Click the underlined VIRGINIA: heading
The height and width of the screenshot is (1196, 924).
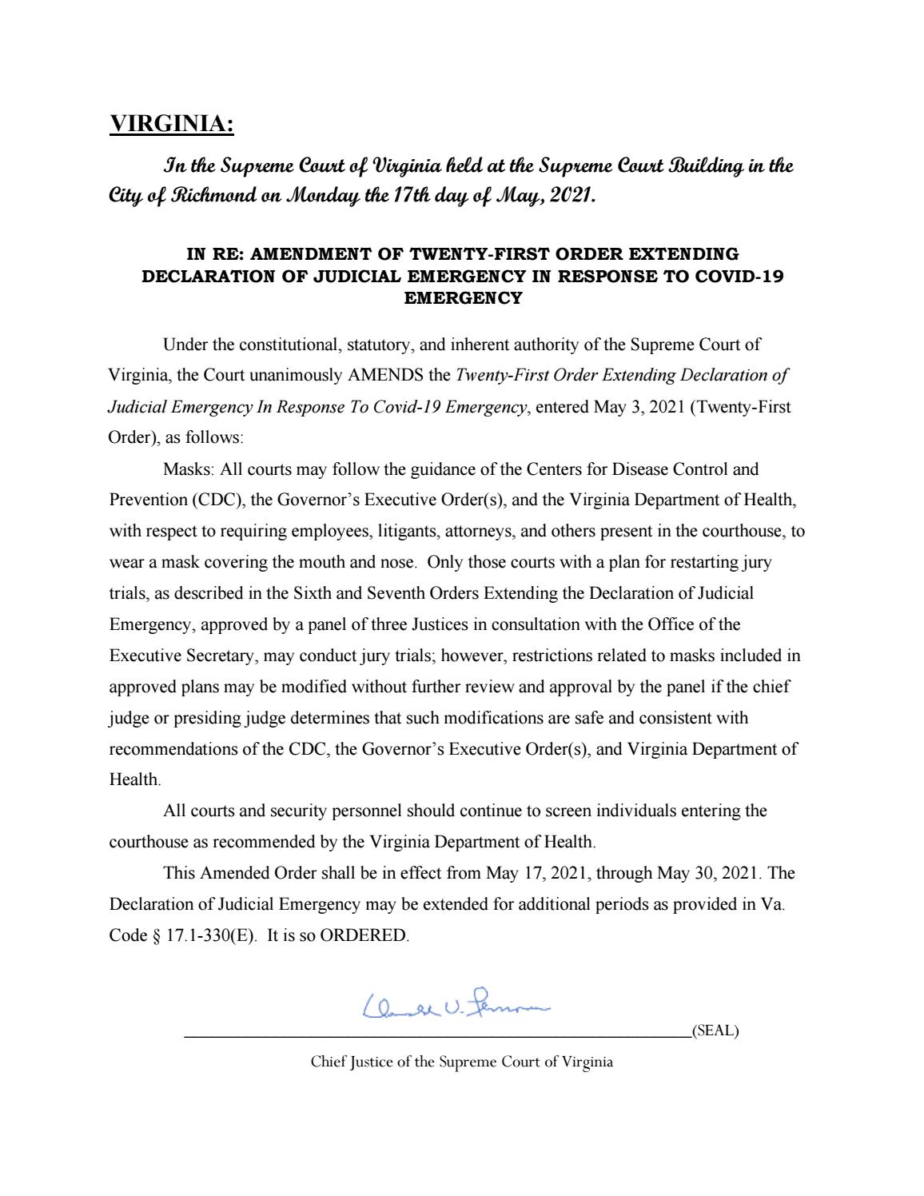click(x=172, y=125)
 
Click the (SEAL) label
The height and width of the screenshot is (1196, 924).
click(x=715, y=1031)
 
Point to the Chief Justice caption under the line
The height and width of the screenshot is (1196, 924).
click(x=461, y=1062)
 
